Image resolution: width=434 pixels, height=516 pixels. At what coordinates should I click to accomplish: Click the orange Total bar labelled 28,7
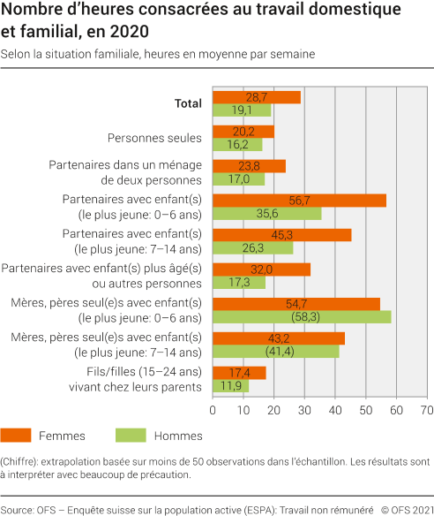pyautogui.click(x=257, y=97)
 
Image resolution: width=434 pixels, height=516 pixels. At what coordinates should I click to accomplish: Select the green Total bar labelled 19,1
pyautogui.click(x=242, y=110)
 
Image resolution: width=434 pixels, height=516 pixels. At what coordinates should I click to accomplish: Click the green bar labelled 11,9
pyautogui.click(x=230, y=386)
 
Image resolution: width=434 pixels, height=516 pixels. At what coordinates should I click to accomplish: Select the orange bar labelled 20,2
pyautogui.click(x=243, y=132)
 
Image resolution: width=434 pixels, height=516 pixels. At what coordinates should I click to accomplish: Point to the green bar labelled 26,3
pyautogui.click(x=253, y=248)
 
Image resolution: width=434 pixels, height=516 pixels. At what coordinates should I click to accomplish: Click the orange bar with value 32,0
pyautogui.click(x=262, y=269)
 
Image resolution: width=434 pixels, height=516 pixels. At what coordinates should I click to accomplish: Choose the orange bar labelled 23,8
pyautogui.click(x=249, y=166)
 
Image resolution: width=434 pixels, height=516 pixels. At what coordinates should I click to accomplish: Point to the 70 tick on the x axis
pyautogui.click(x=427, y=410)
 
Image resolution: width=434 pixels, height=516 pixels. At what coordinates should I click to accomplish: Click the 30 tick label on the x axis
pyautogui.click(x=304, y=410)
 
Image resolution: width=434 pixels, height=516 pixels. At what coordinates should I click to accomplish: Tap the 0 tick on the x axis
pyautogui.click(x=213, y=410)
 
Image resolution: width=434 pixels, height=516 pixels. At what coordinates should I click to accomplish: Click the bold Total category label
pyautogui.click(x=188, y=103)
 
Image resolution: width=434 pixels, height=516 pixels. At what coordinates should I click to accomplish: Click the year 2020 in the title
pyautogui.click(x=130, y=31)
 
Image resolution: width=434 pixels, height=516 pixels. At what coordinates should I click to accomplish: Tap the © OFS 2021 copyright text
pyautogui.click(x=405, y=510)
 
